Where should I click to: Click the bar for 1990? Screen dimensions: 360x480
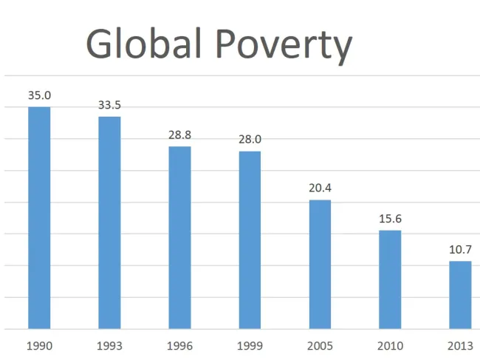coord(39,218)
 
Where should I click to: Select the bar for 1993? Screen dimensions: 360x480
coord(109,223)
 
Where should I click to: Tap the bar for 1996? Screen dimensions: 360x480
coord(179,237)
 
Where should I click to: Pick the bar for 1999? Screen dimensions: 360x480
coord(250,240)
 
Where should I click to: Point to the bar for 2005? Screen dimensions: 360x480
coord(320,265)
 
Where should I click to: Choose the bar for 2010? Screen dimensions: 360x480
coord(390,279)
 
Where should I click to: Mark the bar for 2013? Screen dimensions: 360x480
coord(460,295)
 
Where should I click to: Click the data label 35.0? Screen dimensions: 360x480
coord(39,95)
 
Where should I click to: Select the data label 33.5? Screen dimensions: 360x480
coord(109,105)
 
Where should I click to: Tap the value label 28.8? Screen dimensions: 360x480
coord(179,135)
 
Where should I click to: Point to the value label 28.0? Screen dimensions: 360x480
coord(250,139)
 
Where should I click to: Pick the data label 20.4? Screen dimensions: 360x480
coord(320,188)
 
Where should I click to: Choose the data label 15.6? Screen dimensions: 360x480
coord(390,219)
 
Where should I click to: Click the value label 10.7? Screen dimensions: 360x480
coord(460,249)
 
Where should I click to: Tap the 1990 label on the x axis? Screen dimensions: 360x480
coord(39,345)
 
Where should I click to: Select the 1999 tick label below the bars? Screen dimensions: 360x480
coord(250,345)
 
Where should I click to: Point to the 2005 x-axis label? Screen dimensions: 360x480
coord(320,345)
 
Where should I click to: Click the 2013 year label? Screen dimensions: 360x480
coord(460,345)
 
